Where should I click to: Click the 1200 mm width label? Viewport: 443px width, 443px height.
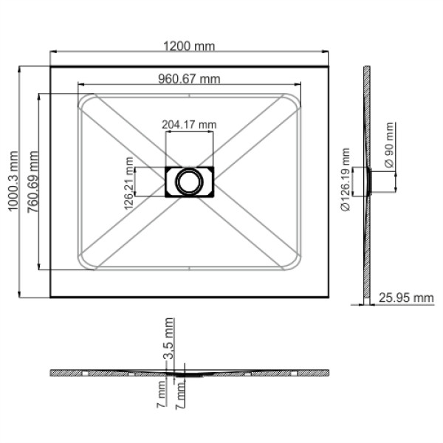[x=189, y=46]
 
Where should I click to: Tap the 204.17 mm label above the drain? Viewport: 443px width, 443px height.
[x=189, y=124]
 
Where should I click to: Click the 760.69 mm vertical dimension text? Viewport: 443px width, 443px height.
[x=31, y=182]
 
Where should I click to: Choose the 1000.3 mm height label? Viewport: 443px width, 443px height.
[x=13, y=182]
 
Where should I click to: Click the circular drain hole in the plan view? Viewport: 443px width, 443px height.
[x=189, y=182]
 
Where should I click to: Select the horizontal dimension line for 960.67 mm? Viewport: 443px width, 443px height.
[x=189, y=85]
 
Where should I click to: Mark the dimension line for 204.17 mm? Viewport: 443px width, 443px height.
[x=189, y=131]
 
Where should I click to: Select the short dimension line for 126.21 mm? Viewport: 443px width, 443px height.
[x=137, y=182]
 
